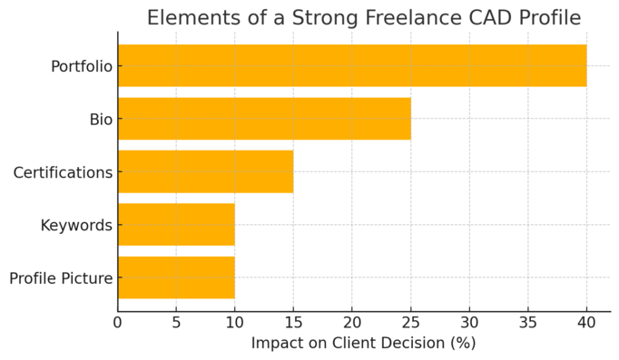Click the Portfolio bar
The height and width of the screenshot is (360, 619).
352,66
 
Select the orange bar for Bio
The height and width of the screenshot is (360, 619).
264,119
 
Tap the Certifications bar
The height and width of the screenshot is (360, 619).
205,171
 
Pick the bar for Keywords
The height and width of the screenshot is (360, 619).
176,225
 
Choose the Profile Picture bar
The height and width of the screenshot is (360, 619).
176,277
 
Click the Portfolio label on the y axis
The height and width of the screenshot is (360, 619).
81,66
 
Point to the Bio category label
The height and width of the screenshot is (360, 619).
101,119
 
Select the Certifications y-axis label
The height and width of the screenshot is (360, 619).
63,172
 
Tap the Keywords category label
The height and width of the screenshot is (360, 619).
76,225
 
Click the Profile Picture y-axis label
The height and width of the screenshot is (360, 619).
61,278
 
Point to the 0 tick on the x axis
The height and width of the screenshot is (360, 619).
118,321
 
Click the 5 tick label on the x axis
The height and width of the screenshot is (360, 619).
176,321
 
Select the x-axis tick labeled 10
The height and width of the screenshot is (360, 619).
235,321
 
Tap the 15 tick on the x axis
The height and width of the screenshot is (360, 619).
293,321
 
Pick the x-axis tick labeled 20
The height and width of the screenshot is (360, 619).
352,321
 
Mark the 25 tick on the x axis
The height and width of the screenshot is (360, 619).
410,321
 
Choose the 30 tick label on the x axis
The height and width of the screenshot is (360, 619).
469,321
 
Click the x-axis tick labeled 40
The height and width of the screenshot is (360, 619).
586,321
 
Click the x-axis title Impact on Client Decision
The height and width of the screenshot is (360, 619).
363,344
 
